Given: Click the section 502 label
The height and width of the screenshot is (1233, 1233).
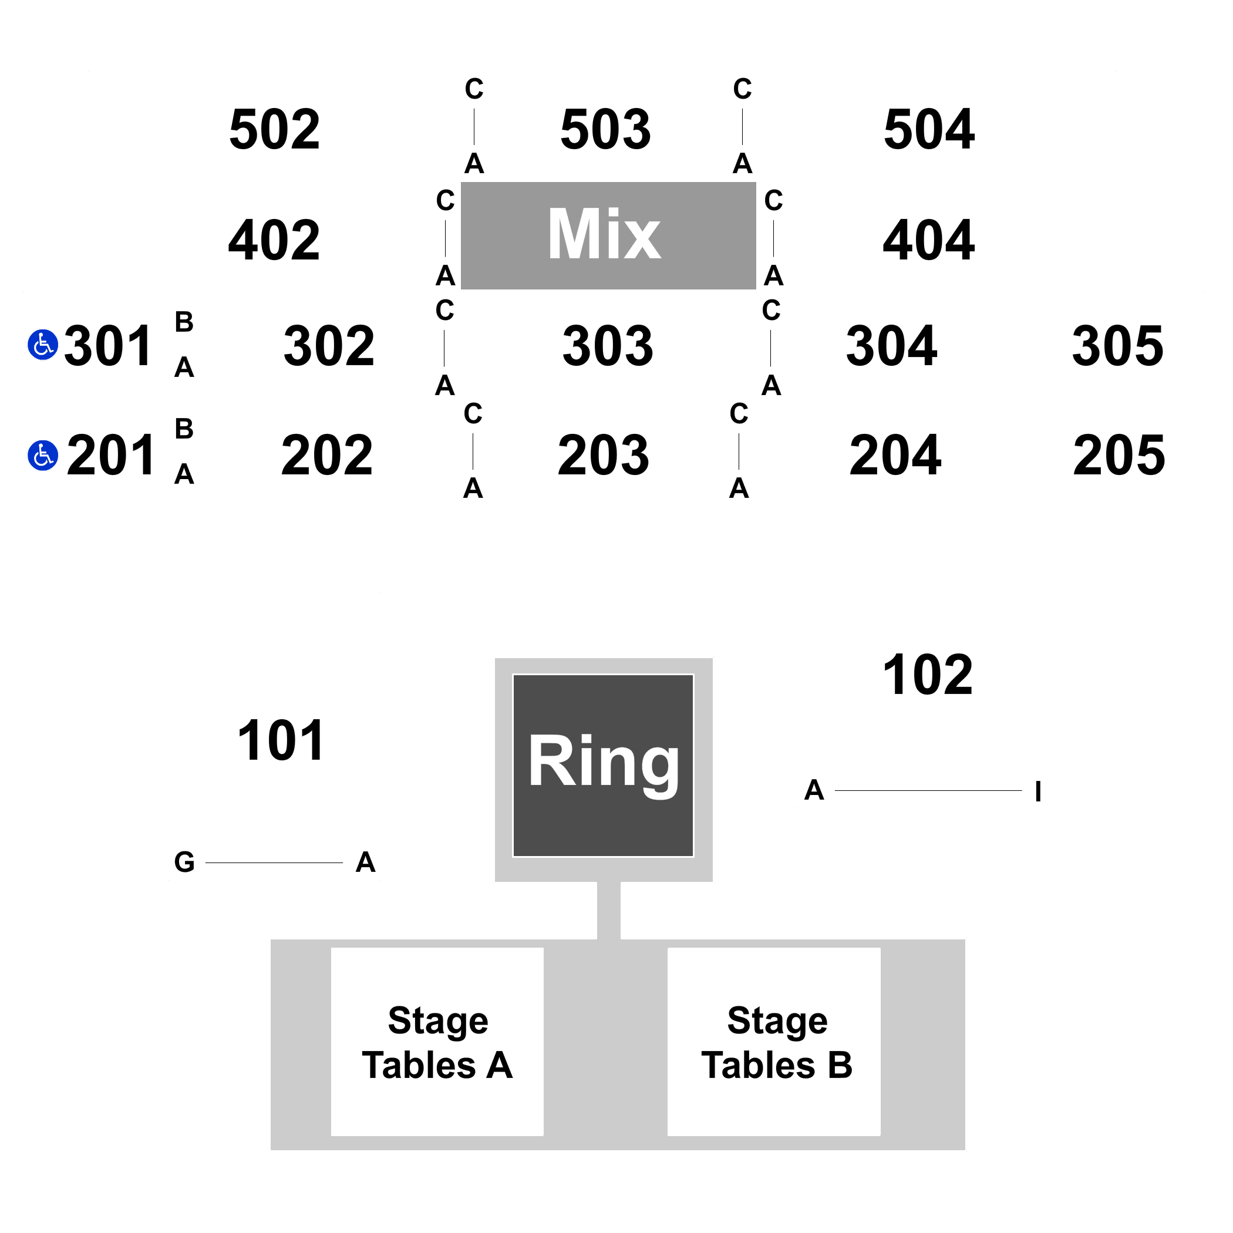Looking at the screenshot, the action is click(274, 130).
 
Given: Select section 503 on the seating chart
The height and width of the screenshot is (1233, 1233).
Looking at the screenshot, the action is click(606, 130).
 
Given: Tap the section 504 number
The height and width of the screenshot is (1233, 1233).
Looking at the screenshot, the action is click(929, 130).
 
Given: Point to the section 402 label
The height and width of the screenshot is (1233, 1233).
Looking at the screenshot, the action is click(274, 241).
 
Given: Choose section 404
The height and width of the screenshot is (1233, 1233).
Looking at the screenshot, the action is click(929, 241).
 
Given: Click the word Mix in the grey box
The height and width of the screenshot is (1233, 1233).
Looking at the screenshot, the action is click(604, 234).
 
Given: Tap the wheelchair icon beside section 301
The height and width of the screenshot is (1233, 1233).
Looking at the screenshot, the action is click(43, 345).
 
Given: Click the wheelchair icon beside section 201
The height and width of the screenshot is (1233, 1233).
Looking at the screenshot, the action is click(43, 455).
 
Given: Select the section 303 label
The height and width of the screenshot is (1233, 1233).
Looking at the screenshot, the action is click(608, 346).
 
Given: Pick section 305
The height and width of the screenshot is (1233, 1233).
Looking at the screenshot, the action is click(1118, 346).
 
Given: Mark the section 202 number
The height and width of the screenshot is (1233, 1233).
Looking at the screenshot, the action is click(328, 456).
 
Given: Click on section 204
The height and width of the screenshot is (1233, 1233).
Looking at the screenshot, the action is click(895, 456).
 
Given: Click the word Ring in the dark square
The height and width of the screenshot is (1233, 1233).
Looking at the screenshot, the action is click(604, 763).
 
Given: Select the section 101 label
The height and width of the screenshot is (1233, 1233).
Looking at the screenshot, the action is click(281, 741).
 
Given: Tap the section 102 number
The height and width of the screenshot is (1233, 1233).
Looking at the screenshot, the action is click(928, 675).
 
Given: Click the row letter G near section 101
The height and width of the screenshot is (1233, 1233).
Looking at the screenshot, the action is click(184, 862).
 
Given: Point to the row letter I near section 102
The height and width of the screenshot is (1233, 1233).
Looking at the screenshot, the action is click(1038, 791).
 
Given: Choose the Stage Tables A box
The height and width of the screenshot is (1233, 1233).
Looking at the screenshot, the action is click(437, 1042).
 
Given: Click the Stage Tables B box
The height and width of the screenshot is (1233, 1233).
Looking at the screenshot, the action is click(774, 1042).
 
